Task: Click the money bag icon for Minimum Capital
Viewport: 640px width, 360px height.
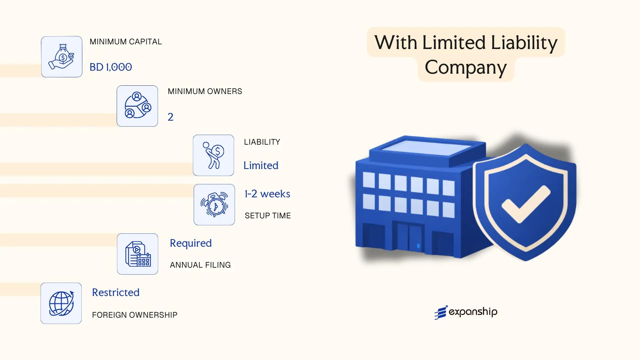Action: coord(62,57)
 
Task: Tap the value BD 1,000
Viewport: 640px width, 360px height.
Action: coord(111,67)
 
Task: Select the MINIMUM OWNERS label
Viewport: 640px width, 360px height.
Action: coord(205,91)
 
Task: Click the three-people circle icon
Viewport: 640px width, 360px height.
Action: coord(137,106)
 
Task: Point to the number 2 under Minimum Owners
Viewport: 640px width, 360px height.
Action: coord(170,117)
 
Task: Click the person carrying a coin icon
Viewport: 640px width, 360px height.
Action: coord(213,155)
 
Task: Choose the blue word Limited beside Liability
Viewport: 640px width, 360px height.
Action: coord(261,165)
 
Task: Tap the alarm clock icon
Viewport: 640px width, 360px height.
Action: coord(214,205)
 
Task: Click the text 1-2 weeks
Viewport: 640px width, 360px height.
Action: coord(267,194)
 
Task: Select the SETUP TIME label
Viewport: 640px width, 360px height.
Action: coord(268,216)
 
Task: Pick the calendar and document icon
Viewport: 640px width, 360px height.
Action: coord(138,254)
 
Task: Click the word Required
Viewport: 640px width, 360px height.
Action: coord(191,243)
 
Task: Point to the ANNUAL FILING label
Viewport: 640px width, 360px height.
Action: coord(200,265)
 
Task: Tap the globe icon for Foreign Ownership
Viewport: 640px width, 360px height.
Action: coord(61,303)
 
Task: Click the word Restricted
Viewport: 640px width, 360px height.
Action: coord(116,292)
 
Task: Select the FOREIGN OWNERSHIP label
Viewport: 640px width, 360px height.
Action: coord(134,315)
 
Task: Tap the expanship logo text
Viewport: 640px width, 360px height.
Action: coord(473,312)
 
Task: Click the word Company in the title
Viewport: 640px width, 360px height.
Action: coord(466,67)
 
